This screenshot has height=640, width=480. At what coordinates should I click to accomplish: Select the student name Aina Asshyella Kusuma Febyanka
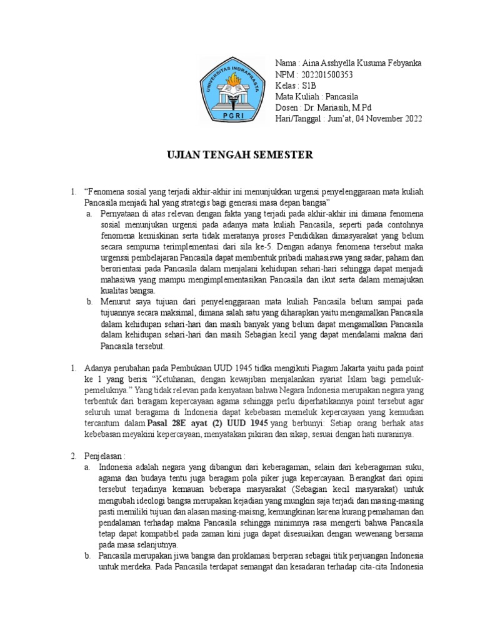361,63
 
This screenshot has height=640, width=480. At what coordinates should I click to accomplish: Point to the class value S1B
309,86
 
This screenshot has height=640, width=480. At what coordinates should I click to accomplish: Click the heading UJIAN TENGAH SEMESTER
239,154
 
